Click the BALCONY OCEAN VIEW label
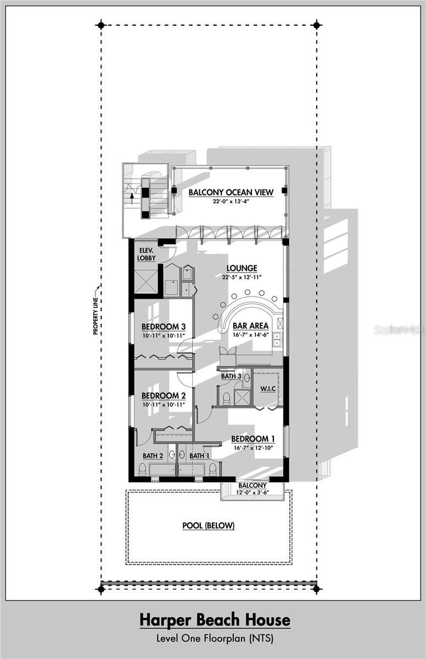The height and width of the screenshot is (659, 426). coord(228,192)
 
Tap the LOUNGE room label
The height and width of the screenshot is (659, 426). coord(242,269)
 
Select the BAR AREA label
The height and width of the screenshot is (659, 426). coord(250,326)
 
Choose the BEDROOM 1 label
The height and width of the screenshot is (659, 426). coord(253,439)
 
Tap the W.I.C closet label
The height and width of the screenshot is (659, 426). coord(268,389)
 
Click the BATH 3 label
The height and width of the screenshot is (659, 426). coord(231,376)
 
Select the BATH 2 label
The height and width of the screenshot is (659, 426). coord(153,456)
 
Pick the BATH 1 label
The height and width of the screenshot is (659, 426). coord(199,456)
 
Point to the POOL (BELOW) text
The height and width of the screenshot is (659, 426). coord(209,526)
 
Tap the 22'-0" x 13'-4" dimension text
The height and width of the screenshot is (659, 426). coord(228,202)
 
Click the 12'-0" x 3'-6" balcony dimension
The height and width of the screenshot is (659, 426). coord(253,493)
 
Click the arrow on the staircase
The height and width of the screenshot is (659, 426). coord(132,197)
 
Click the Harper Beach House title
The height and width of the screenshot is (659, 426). coord(215,621)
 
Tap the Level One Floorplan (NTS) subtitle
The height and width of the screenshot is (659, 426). coord(215,638)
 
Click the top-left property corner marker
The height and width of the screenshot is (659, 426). coord(100,25)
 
